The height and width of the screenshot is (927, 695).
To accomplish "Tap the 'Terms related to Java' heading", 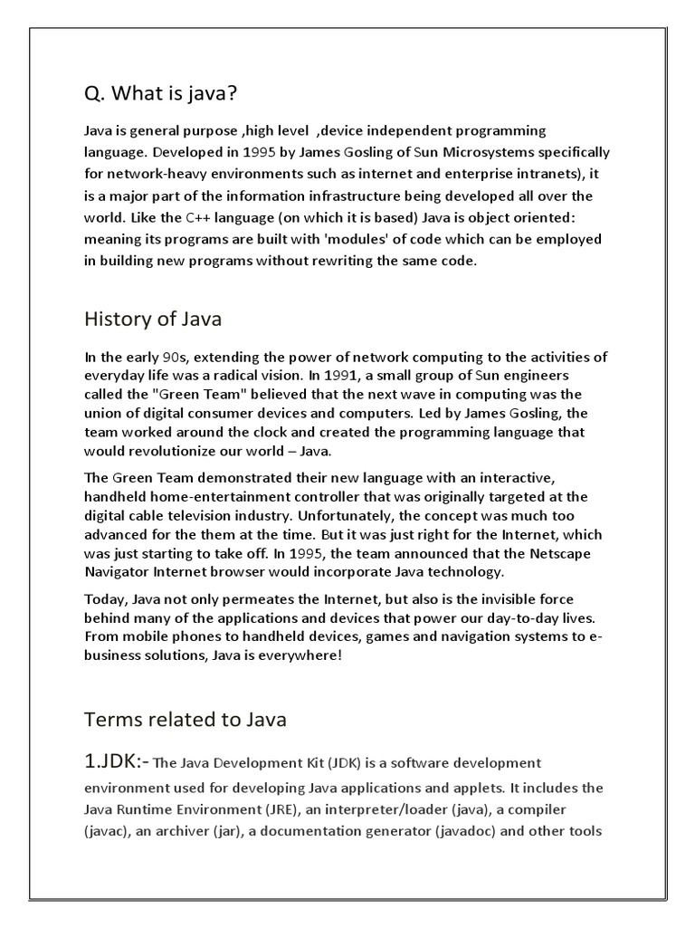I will [185, 720].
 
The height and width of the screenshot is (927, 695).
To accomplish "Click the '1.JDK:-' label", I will [118, 761].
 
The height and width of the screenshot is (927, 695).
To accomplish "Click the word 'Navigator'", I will [117, 572].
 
